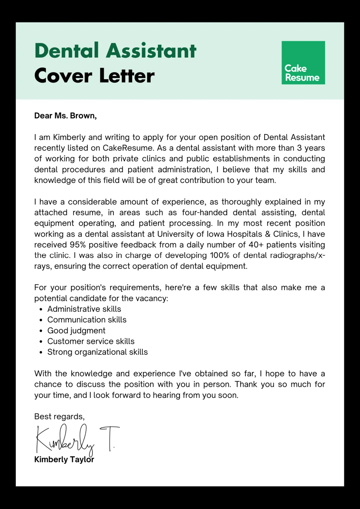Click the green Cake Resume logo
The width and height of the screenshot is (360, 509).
(x=303, y=63)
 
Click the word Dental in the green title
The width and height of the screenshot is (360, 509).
(x=67, y=50)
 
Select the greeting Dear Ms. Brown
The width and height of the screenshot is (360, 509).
(x=65, y=116)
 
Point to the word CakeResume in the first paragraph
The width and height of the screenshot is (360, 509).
(x=128, y=148)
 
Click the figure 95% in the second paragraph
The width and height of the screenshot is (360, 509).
(x=78, y=245)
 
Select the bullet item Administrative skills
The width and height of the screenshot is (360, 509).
(x=84, y=309)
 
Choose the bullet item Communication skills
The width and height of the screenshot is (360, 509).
(x=87, y=320)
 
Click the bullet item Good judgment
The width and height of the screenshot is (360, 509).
(x=76, y=331)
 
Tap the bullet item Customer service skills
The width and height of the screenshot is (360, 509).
(x=91, y=341)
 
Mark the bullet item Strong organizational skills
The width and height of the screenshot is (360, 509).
(x=97, y=352)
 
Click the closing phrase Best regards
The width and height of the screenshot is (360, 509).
(x=59, y=417)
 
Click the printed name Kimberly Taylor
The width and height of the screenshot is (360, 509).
(x=64, y=460)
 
